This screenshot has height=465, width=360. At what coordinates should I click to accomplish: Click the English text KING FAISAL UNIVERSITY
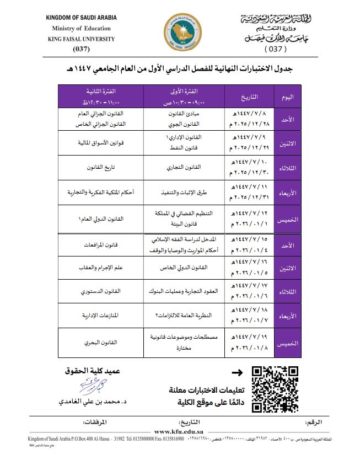[82, 39]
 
